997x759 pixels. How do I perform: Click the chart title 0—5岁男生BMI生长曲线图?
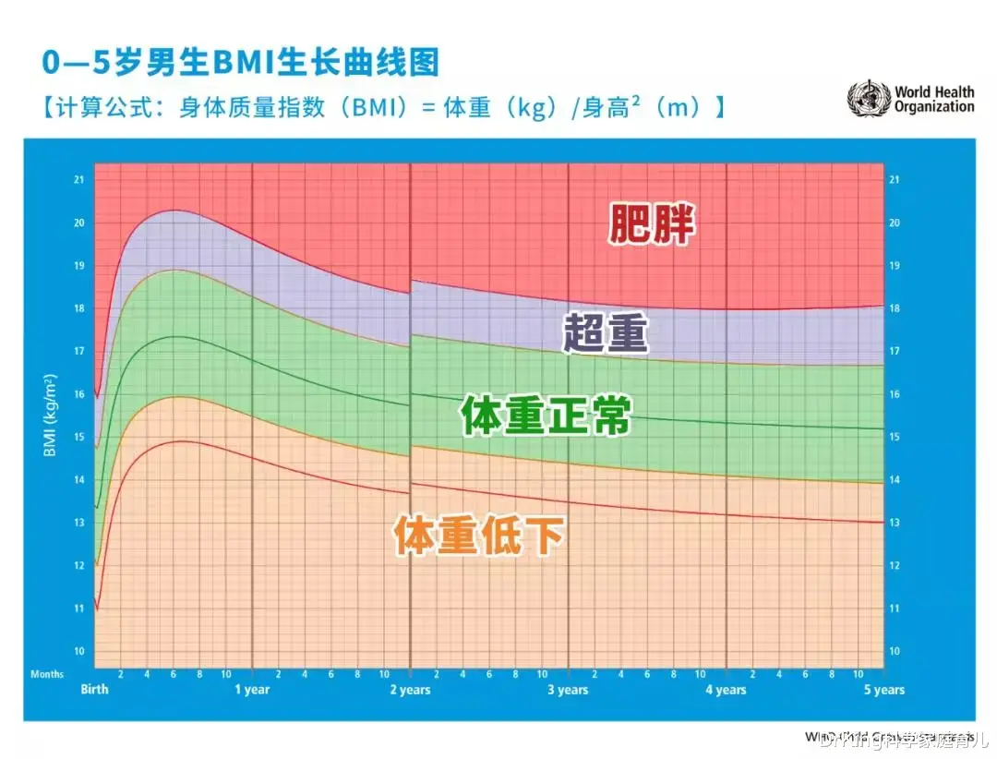tap(241, 63)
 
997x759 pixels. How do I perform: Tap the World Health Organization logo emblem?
tap(869, 99)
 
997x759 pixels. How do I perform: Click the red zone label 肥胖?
tap(651, 223)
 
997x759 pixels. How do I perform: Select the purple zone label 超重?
tap(607, 334)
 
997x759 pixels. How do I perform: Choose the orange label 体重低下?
tap(478, 536)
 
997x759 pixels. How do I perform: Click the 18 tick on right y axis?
tap(894, 309)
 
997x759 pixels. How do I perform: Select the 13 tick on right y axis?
tap(894, 524)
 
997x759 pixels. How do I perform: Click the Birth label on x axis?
tap(94, 690)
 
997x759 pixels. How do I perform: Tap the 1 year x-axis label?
tap(251, 690)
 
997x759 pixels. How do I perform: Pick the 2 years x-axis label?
tap(410, 690)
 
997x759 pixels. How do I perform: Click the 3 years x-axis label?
tap(567, 690)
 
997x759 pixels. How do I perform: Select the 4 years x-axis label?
tap(726, 690)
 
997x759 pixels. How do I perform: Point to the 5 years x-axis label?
tap(883, 690)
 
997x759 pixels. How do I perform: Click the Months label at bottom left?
tap(47, 675)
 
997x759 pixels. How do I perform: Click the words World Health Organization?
tap(933, 100)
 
